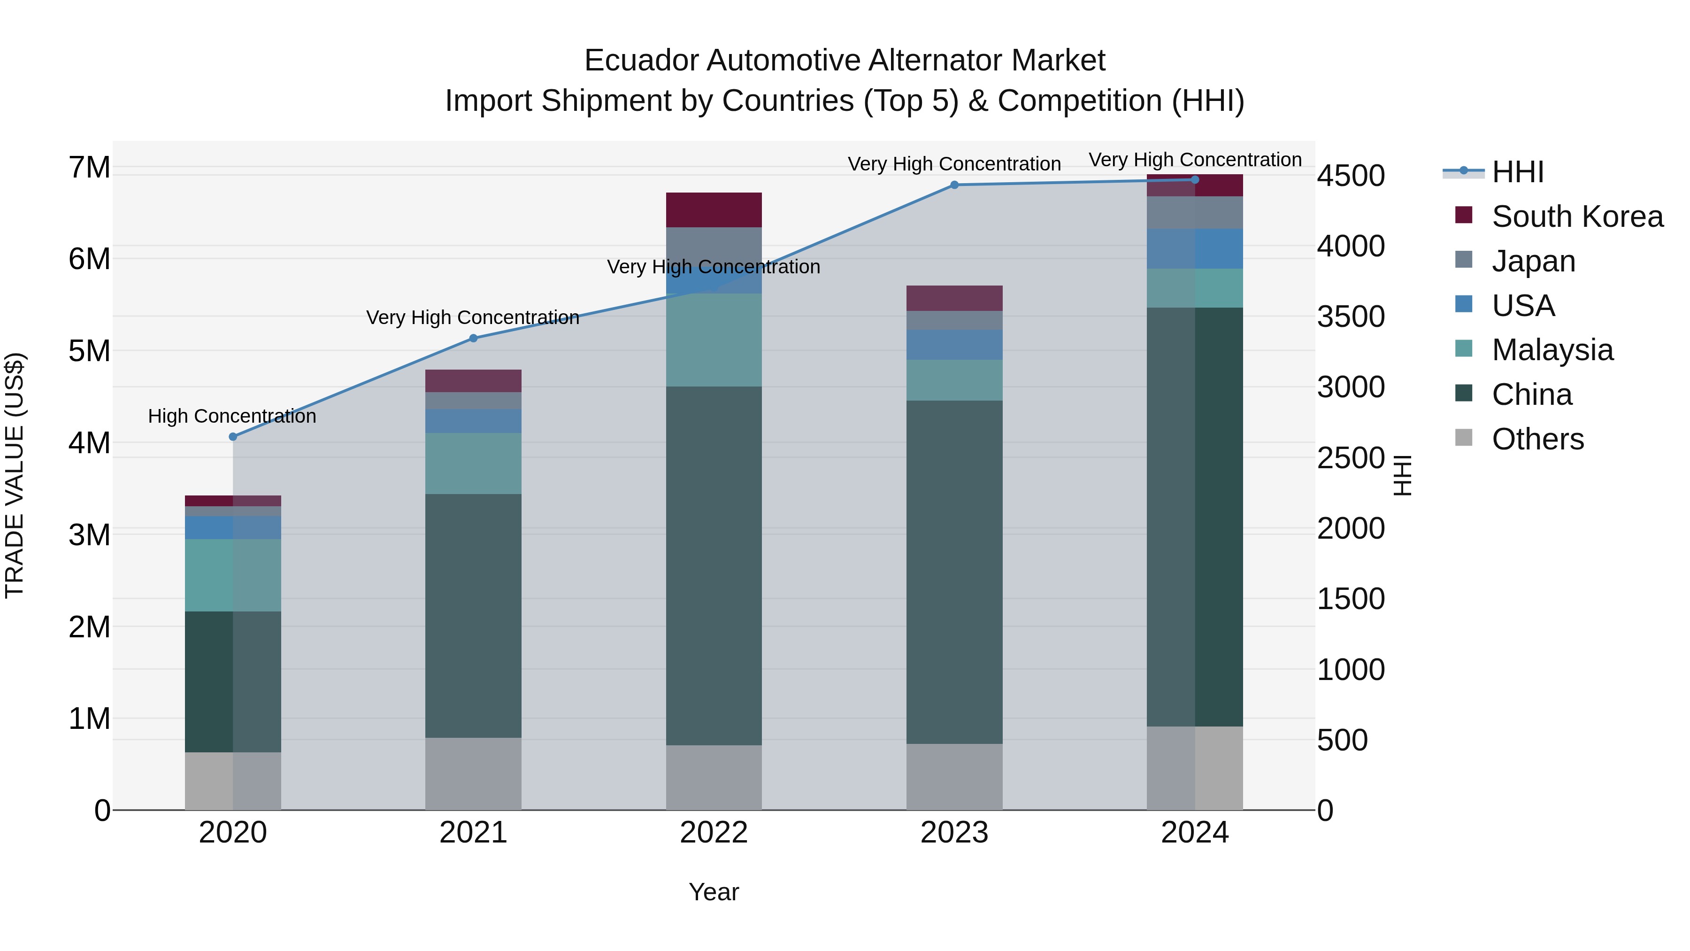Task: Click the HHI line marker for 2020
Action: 233,436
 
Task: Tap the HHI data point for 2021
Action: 473,338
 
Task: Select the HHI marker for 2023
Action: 954,185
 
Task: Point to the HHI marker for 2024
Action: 1195,180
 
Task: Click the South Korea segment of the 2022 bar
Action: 714,210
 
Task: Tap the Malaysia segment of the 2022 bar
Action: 714,340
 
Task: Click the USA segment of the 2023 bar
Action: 954,345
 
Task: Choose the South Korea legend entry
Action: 1577,216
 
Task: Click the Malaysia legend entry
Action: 1552,350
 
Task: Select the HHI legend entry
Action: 1517,172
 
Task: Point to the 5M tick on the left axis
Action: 89,351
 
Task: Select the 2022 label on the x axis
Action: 714,833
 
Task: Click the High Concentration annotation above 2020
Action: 232,416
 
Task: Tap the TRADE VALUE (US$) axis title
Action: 15,475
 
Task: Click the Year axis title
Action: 714,892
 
